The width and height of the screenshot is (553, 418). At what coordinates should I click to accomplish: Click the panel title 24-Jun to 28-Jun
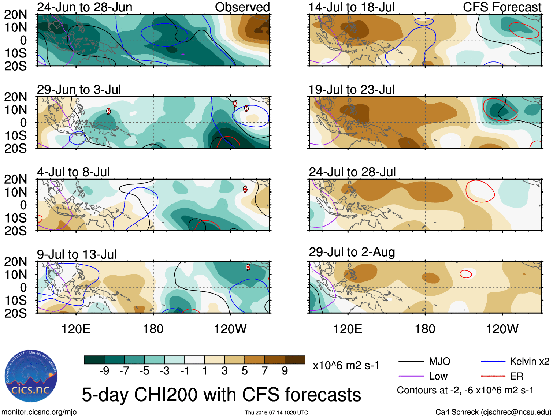85,7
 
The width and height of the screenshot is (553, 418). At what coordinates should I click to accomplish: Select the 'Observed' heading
242,7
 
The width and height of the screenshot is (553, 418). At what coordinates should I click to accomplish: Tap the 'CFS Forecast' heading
502,7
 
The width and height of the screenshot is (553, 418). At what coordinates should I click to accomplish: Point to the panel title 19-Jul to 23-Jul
352,90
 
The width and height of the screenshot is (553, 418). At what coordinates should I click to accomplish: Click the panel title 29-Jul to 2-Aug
352,252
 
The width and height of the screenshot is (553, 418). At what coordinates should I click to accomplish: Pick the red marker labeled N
108,111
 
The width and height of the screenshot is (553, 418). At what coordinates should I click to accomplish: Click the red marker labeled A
235,104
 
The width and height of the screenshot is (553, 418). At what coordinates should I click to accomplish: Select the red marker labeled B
246,108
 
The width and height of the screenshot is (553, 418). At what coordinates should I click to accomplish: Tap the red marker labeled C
245,189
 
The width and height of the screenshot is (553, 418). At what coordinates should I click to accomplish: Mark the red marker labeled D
248,267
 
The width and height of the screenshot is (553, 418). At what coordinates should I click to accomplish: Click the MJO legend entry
439,362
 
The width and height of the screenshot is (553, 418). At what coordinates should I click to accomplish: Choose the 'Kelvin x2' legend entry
529,362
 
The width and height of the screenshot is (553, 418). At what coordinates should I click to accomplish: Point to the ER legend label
516,376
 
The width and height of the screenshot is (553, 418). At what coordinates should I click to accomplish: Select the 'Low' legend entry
438,376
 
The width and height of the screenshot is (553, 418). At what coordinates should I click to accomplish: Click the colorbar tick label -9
104,371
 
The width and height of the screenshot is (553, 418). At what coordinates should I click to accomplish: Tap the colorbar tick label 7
265,371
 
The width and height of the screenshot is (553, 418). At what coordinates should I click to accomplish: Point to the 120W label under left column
230,329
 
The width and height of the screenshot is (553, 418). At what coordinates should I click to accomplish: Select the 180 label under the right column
425,329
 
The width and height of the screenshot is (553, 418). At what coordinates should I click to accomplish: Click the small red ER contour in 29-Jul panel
466,274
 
